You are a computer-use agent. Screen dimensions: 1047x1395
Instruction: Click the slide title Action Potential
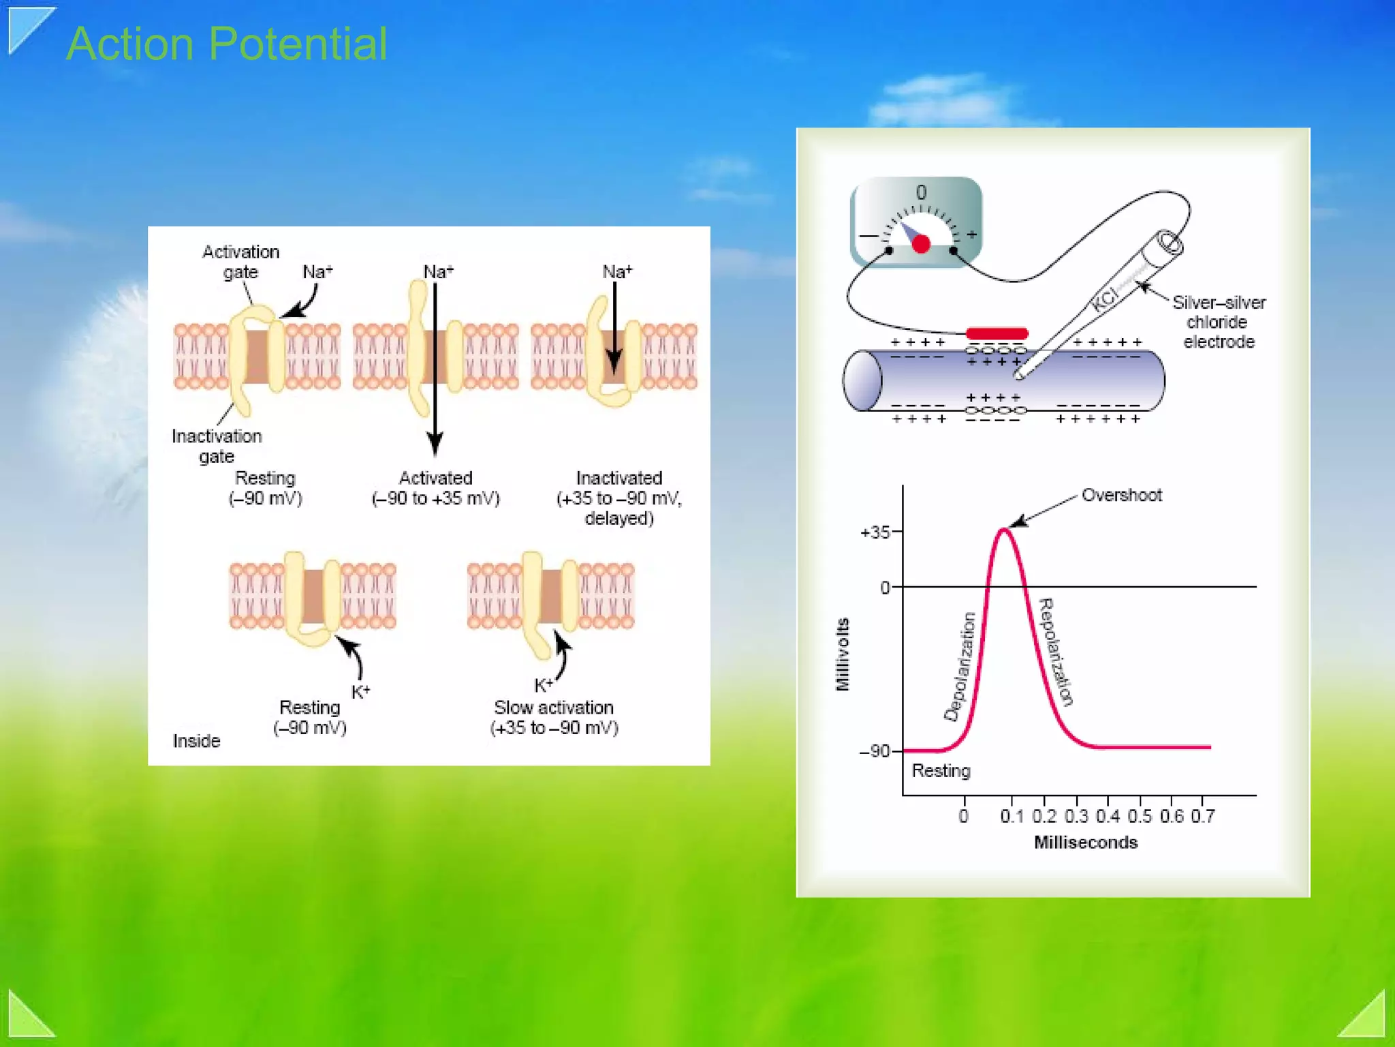(x=227, y=44)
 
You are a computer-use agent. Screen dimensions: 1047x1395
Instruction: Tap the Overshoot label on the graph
(x=1121, y=496)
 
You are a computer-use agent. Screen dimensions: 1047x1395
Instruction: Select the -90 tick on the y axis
(x=875, y=751)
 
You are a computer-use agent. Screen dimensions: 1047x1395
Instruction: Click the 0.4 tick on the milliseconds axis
(x=1108, y=816)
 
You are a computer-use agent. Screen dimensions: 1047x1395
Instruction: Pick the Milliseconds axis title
(x=1086, y=843)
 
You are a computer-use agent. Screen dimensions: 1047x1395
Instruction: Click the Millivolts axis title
(x=843, y=654)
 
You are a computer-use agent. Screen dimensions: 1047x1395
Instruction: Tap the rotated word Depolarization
(x=960, y=667)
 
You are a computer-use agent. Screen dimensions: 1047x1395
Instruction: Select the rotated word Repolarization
(x=1055, y=652)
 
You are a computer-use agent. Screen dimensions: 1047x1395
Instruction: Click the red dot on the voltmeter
(x=921, y=244)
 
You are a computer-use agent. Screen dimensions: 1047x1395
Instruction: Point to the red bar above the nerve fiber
(x=997, y=333)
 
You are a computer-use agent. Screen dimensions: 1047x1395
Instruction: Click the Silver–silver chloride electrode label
(x=1219, y=322)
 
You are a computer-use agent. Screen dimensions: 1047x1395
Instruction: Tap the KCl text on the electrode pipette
(x=1105, y=299)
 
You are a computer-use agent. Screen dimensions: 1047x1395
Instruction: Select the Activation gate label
(x=240, y=262)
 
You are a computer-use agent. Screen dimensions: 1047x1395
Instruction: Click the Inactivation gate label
(x=217, y=446)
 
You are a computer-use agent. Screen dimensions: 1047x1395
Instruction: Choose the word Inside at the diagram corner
(x=196, y=741)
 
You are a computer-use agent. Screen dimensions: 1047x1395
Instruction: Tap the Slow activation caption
(x=554, y=708)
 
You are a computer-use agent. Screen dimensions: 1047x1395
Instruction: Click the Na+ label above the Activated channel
(x=438, y=272)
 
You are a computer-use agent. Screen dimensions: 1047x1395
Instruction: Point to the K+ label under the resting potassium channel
(x=360, y=692)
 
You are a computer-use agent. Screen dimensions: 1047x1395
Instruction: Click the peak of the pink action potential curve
(x=1004, y=530)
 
